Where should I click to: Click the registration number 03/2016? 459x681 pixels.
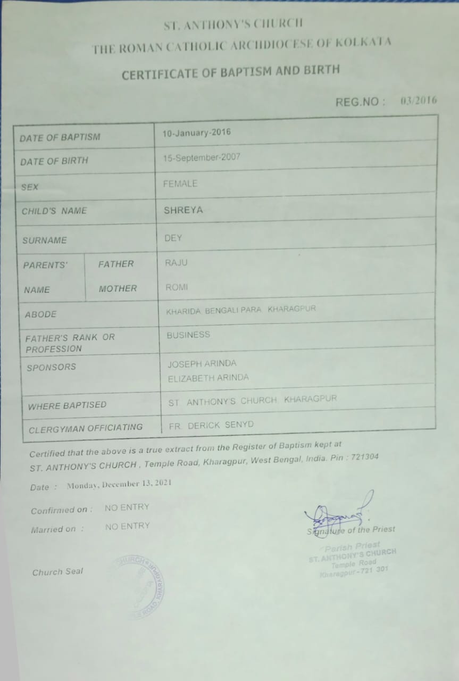tap(419, 101)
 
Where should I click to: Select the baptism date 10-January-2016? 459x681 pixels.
tap(197, 132)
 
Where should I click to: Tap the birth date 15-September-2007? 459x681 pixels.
tap(202, 157)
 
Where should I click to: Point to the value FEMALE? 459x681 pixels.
tap(180, 184)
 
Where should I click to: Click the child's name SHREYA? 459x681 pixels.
tap(183, 210)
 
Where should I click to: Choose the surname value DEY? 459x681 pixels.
tap(173, 238)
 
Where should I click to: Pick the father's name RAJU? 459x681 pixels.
tap(176, 263)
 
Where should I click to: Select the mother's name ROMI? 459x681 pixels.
tap(177, 287)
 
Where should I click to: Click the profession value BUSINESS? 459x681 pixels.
tap(188, 335)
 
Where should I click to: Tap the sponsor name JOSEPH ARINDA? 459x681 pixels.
tap(202, 364)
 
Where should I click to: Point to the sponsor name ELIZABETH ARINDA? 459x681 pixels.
tap(208, 378)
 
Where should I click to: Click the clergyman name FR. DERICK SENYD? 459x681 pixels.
tap(211, 425)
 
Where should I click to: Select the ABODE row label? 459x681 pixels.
tap(40, 314)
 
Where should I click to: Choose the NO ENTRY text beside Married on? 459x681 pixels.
tap(127, 526)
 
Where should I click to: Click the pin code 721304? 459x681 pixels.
tap(363, 457)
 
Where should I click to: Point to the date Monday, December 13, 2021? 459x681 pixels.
tap(119, 485)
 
